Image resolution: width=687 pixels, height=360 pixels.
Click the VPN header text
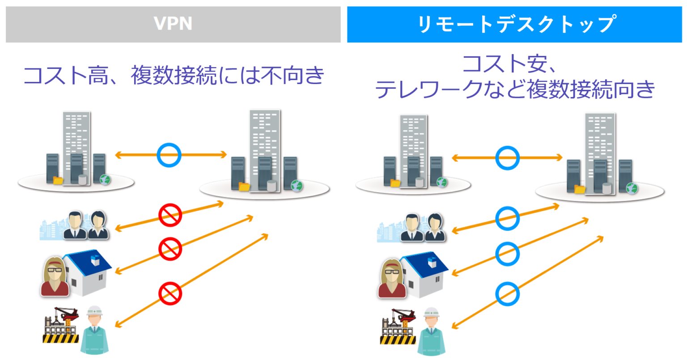pyautogui.click(x=173, y=24)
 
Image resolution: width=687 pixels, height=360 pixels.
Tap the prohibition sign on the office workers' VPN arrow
pyautogui.click(x=170, y=215)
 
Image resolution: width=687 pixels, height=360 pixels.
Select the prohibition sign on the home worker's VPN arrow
pyautogui.click(x=170, y=249)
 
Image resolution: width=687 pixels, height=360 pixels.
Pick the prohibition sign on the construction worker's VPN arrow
pyautogui.click(x=170, y=293)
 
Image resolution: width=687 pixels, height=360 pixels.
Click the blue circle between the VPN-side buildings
pyautogui.click(x=169, y=155)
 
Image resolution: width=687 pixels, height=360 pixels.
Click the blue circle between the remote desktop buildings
pyautogui.click(x=507, y=158)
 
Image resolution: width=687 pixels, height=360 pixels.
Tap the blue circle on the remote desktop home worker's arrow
pyautogui.click(x=507, y=254)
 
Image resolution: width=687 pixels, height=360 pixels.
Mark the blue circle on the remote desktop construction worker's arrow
pyautogui.click(x=507, y=293)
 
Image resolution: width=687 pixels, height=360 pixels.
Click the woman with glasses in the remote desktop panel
pyautogui.click(x=392, y=278)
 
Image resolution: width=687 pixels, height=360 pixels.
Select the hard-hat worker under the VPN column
pyautogui.click(x=94, y=330)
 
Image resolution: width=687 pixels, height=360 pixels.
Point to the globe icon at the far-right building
pyautogui.click(x=632, y=188)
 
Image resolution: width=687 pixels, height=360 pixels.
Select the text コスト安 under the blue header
pyautogui.click(x=505, y=64)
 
